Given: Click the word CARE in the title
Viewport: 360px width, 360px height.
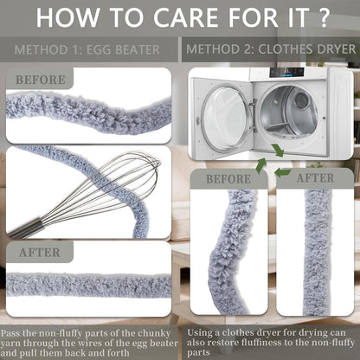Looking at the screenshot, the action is [x=188, y=17].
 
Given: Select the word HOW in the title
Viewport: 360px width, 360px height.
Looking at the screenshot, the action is [x=67, y=17].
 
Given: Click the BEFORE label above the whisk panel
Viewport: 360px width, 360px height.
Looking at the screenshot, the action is [x=41, y=80].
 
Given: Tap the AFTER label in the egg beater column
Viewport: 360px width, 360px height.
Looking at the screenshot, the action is [x=40, y=253].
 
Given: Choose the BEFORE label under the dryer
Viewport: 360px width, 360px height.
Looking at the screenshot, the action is [x=228, y=179].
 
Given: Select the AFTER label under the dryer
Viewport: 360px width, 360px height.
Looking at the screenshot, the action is [x=315, y=178].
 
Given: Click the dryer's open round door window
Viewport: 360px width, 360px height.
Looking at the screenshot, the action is [x=224, y=114].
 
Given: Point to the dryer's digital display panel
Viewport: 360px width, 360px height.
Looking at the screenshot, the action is [x=286, y=73].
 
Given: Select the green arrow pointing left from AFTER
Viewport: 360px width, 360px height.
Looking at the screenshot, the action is [x=283, y=172].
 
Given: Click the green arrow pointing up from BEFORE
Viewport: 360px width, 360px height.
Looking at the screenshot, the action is [x=261, y=165].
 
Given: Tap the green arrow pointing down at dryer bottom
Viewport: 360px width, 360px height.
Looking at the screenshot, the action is [x=278, y=151].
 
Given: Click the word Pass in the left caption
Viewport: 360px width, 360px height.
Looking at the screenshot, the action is [x=10, y=333].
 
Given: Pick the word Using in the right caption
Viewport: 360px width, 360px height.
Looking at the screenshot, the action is [x=200, y=333].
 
